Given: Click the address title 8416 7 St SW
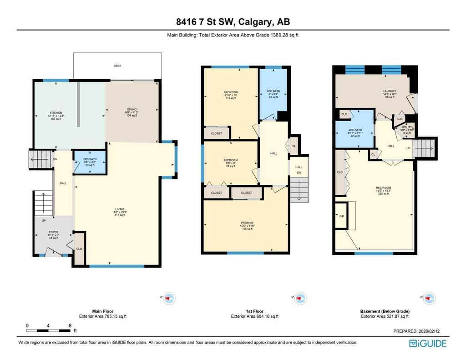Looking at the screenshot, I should (x=233, y=21).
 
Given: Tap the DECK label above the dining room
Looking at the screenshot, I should (x=117, y=66).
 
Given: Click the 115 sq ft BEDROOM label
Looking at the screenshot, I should (x=231, y=95).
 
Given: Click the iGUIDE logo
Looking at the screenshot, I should (x=428, y=344).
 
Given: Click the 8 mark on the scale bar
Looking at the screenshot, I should (x=70, y=325).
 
